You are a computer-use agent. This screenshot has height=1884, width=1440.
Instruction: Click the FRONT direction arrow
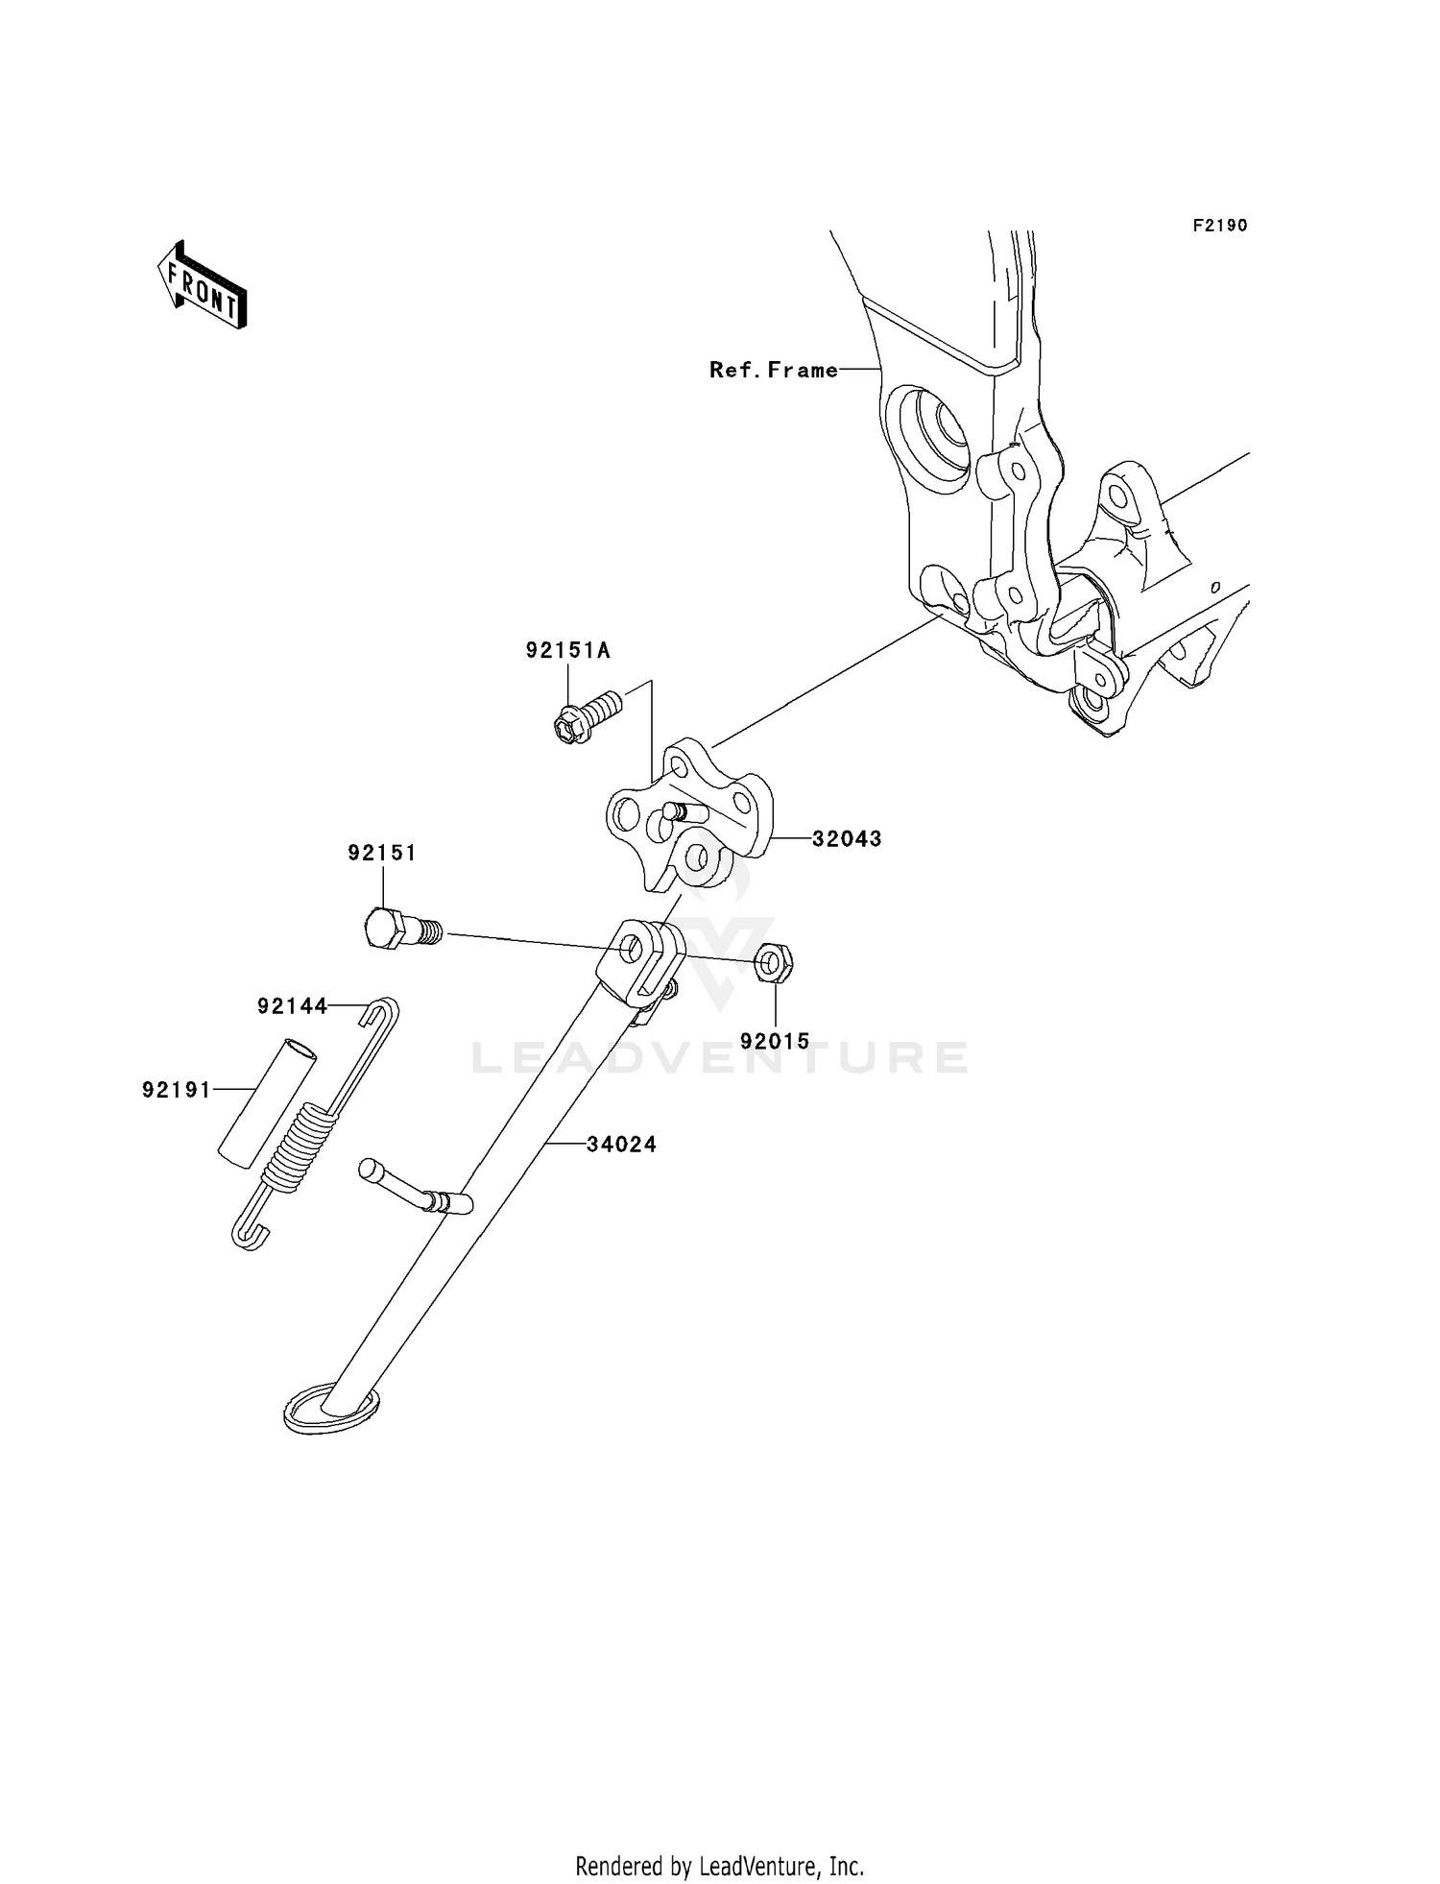(x=203, y=286)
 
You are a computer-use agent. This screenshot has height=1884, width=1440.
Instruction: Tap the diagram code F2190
(x=1219, y=226)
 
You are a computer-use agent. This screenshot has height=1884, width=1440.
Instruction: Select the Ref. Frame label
(x=773, y=370)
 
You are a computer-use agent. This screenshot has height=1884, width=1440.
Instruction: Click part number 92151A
(x=567, y=650)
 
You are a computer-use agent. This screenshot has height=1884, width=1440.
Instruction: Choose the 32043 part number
(x=846, y=838)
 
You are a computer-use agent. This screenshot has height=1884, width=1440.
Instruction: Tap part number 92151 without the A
(x=382, y=853)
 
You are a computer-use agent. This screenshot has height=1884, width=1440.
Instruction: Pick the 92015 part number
(x=774, y=1040)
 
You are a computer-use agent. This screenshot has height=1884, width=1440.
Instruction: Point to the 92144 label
(x=292, y=1005)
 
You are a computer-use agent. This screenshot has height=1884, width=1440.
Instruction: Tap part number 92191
(x=176, y=1089)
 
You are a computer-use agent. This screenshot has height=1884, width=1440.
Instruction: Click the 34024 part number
(x=621, y=1144)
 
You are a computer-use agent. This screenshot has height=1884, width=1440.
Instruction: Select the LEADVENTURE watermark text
(x=720, y=1057)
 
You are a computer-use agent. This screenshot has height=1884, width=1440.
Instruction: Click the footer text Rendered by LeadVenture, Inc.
(x=719, y=1865)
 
